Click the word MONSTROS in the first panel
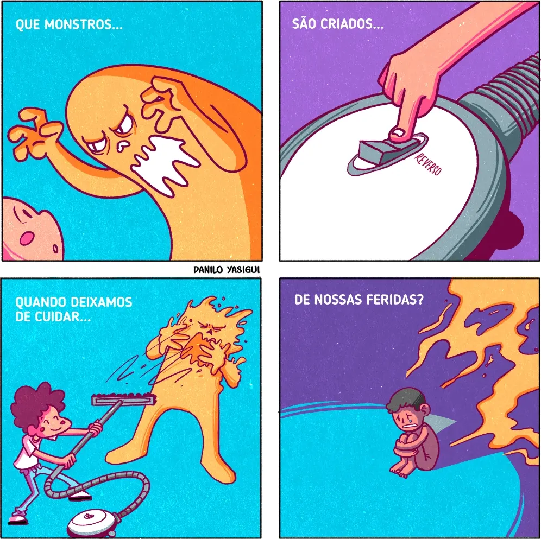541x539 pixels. tap(84, 24)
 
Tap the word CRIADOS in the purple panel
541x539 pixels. tap(352, 24)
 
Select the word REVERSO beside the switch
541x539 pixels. tap(427, 164)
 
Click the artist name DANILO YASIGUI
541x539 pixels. tap(227, 269)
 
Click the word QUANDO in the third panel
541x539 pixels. tap(41, 302)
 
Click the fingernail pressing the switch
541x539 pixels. tap(399, 134)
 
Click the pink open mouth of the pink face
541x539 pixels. tap(26, 238)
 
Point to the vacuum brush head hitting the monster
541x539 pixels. tap(124, 400)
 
